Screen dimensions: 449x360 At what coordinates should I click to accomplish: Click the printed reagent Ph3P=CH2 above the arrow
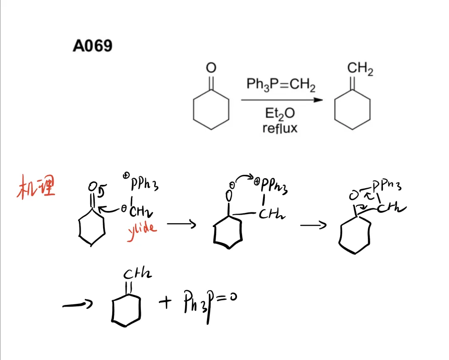pos(281,85)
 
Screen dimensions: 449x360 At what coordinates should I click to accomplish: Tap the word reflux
pos(280,128)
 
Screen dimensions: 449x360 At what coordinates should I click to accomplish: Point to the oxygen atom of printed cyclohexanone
pos(211,68)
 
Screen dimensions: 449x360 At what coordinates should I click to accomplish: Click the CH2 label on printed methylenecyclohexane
pos(360,69)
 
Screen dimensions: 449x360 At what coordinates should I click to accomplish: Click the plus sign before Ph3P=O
pos(165,303)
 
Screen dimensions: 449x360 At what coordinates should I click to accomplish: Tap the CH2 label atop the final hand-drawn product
pos(138,273)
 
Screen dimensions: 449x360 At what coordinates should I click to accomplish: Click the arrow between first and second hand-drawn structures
pos(181,225)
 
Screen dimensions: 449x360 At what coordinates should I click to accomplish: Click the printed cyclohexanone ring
pos(211,110)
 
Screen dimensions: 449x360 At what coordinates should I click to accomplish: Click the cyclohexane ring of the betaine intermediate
pos(227,235)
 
